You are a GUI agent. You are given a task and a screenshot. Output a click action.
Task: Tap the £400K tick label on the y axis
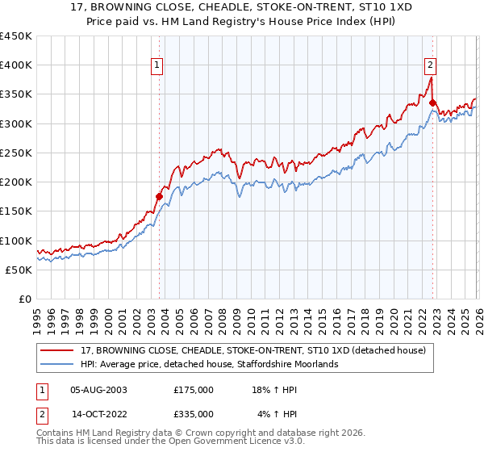click(16, 65)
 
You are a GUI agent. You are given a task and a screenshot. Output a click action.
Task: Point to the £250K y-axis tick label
click(16, 153)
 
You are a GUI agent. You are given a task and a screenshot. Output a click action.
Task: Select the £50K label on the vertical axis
click(19, 270)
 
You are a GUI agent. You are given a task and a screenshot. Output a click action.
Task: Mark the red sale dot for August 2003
click(159, 195)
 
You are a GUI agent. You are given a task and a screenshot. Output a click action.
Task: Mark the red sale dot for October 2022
click(433, 103)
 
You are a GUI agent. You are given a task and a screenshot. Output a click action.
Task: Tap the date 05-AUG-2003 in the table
click(99, 390)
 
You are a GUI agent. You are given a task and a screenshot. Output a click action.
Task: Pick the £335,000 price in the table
click(194, 413)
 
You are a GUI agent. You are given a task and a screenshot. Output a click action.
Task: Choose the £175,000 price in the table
click(194, 390)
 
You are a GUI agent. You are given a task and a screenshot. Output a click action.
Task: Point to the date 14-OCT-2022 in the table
click(99, 413)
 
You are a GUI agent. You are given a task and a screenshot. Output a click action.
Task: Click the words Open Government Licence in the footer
click(241, 443)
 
